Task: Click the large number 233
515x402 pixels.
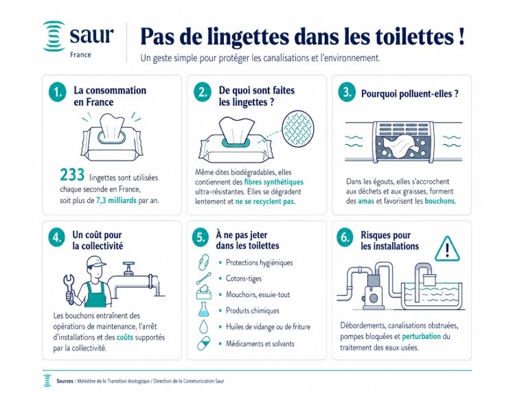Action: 72,175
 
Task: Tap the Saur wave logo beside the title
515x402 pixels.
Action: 54,36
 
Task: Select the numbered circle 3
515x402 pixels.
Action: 347,93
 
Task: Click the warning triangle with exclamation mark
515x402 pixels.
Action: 447,250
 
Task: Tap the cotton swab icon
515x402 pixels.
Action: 204,279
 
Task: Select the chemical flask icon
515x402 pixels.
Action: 204,309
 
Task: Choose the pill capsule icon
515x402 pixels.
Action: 204,343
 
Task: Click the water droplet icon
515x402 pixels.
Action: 204,327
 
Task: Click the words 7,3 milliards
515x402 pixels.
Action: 116,200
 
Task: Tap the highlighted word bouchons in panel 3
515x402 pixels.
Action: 439,201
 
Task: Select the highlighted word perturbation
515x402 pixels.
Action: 422,336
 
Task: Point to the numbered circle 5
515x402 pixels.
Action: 201,237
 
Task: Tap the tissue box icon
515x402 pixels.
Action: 204,292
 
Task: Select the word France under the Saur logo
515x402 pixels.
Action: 80,55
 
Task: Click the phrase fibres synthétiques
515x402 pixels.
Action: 273,182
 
